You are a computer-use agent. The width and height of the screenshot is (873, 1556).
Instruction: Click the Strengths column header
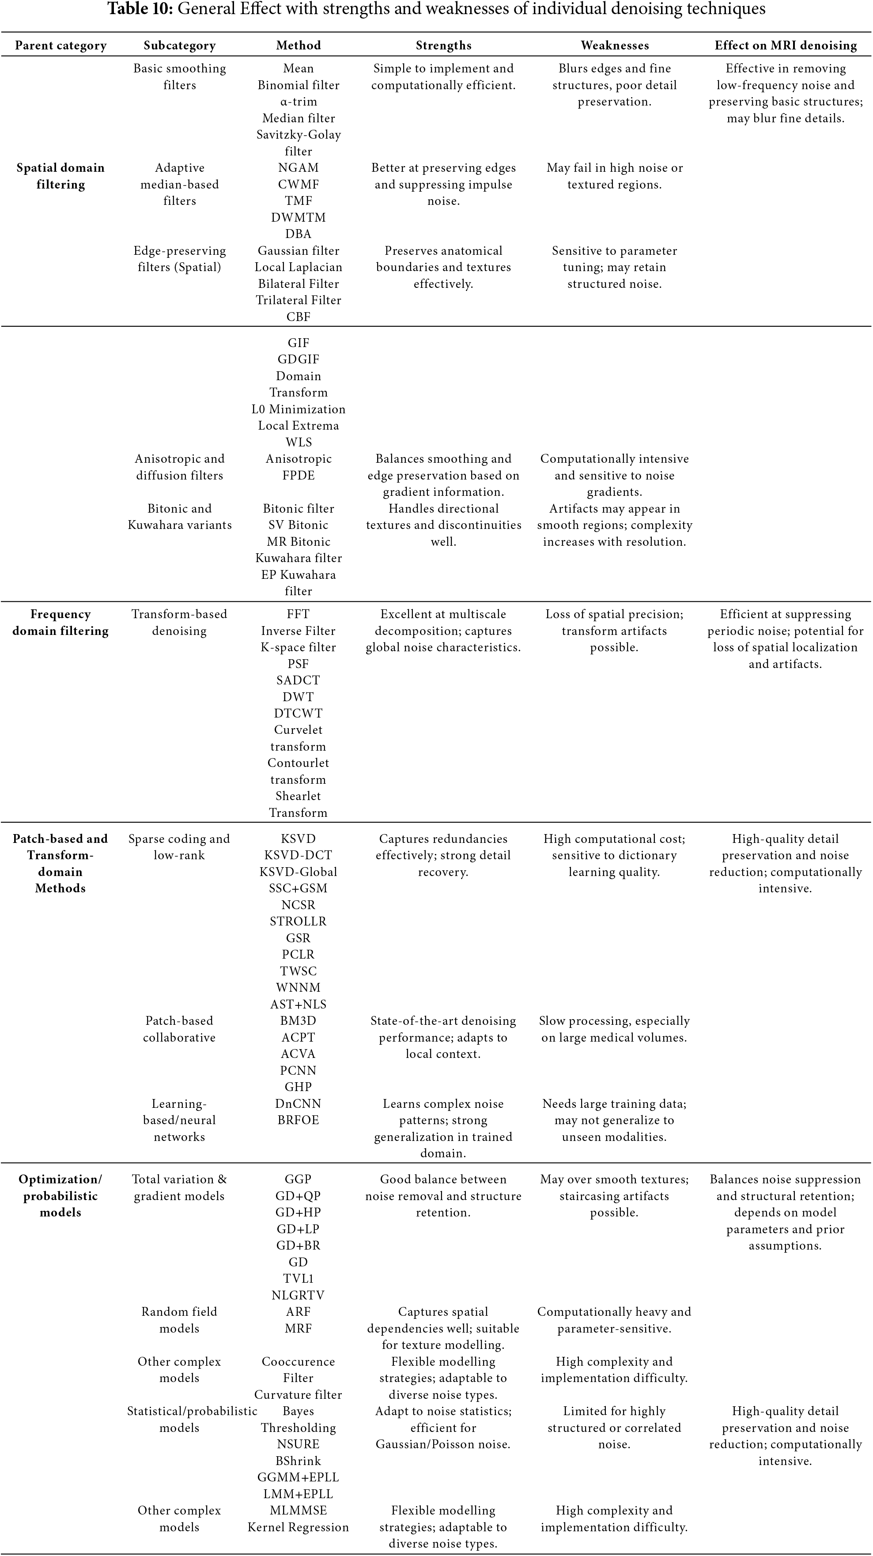443,45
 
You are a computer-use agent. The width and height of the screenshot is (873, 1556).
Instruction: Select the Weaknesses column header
614,45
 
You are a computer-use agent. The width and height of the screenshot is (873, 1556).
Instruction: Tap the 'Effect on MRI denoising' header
786,45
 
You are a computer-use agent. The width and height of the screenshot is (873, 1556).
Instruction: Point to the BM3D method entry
298,1021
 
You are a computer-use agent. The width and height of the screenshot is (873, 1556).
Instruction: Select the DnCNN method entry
298,1103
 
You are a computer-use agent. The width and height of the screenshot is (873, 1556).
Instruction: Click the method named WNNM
298,988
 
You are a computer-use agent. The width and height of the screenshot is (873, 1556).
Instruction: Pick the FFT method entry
298,614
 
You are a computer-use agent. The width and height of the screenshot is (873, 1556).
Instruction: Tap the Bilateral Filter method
298,284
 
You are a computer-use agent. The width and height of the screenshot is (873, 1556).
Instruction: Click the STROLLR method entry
298,921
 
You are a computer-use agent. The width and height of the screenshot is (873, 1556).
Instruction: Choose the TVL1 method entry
298,1279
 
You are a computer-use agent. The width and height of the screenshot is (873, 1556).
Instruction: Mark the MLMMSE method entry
298,1510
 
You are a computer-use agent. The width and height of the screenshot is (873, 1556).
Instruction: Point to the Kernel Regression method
298,1527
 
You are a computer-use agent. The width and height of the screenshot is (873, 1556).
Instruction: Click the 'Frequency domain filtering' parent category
60,622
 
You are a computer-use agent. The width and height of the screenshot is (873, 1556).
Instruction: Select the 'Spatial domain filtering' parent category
60,176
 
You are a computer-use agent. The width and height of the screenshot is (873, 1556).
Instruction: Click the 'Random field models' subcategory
179,1320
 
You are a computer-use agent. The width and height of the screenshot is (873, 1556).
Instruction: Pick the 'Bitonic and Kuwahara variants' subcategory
179,517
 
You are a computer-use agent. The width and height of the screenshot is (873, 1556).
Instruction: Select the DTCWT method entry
298,714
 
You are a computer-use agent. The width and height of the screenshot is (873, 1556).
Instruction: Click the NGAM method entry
298,168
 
